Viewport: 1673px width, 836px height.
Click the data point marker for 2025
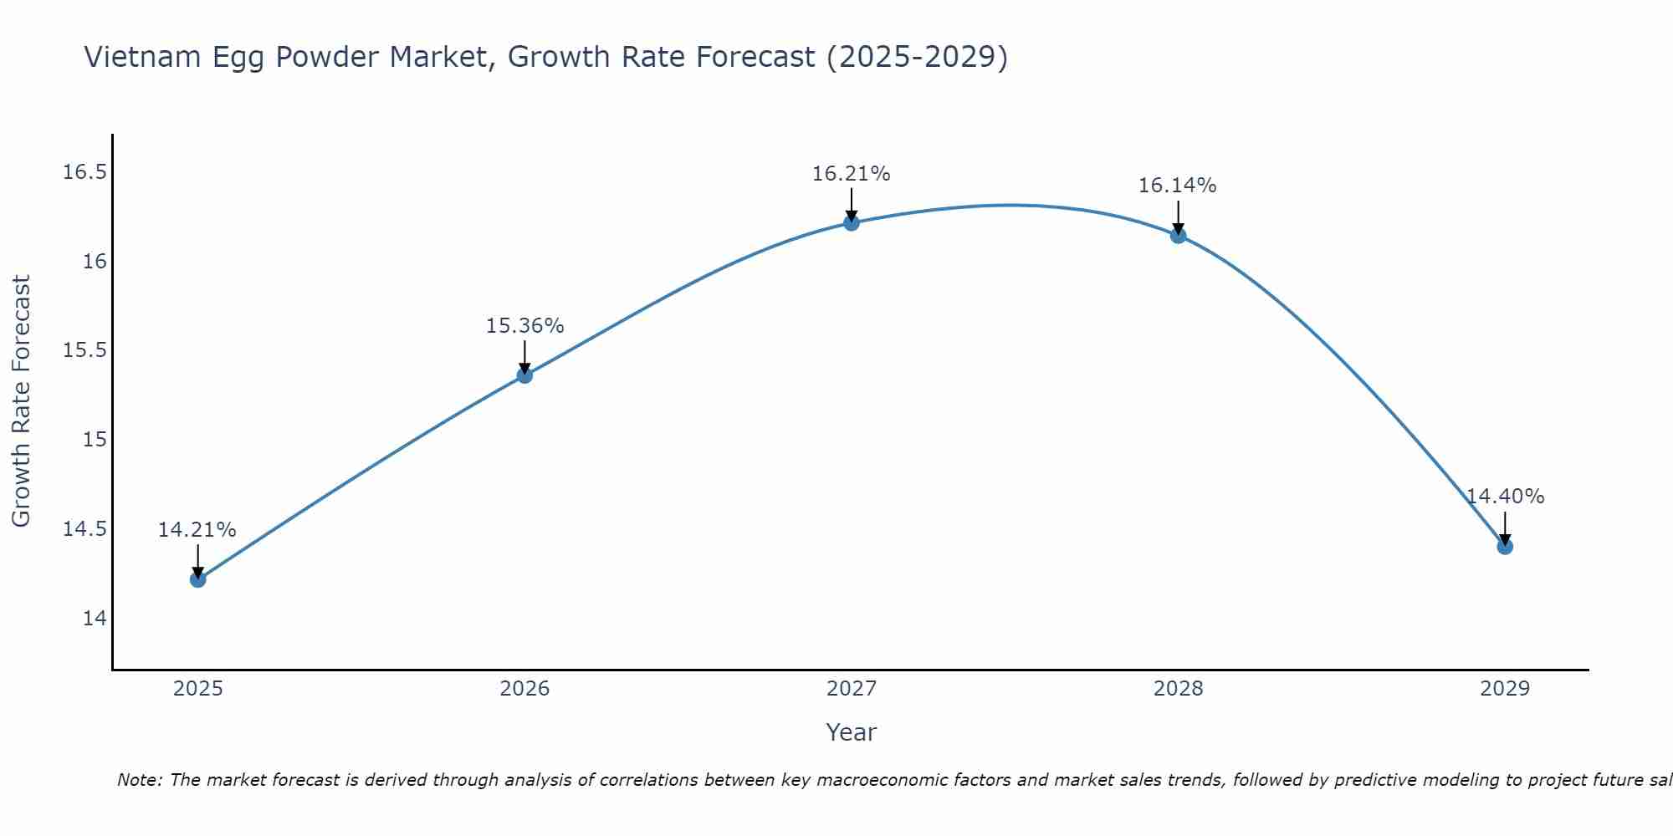[198, 579]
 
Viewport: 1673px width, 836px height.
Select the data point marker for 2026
[524, 375]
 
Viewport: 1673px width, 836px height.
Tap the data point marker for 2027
[852, 222]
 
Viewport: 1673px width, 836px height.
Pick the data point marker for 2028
[1178, 236]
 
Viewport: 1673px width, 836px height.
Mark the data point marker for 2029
[1505, 547]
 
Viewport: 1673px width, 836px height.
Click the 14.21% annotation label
[197, 530]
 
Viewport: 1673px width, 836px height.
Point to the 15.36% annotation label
[524, 326]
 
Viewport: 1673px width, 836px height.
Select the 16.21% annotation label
[852, 174]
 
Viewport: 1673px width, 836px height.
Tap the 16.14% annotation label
[1178, 186]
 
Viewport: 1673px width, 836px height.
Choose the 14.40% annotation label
[1505, 497]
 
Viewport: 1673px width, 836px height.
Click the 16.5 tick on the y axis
[85, 172]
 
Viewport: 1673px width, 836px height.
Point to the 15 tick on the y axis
[95, 440]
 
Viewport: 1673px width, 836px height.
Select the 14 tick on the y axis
[95, 619]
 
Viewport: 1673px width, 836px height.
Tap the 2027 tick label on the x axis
[852, 689]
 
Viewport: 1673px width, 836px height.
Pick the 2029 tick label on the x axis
[1505, 689]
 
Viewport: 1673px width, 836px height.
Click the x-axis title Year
[852, 732]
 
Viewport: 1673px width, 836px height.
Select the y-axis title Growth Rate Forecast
[21, 401]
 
